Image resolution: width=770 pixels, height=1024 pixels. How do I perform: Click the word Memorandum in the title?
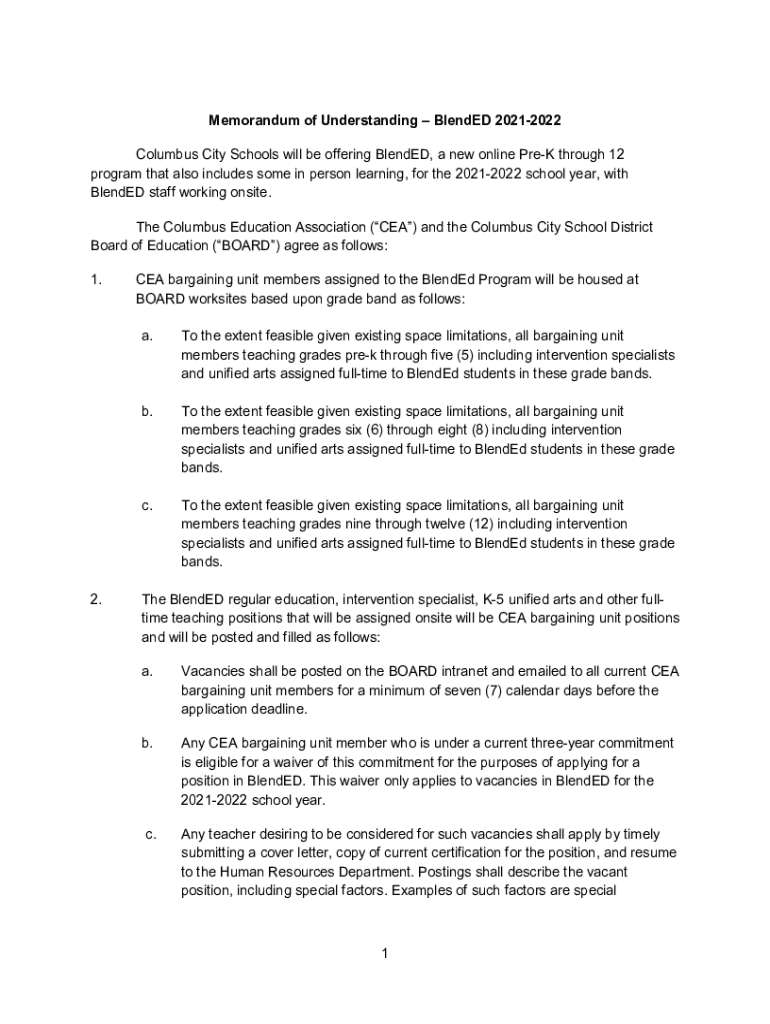pos(253,121)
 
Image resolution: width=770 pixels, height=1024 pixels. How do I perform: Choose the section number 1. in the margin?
pos(97,281)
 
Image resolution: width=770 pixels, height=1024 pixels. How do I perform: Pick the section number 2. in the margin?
pos(97,600)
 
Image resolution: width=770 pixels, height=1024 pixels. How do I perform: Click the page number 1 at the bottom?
pos(384,953)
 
